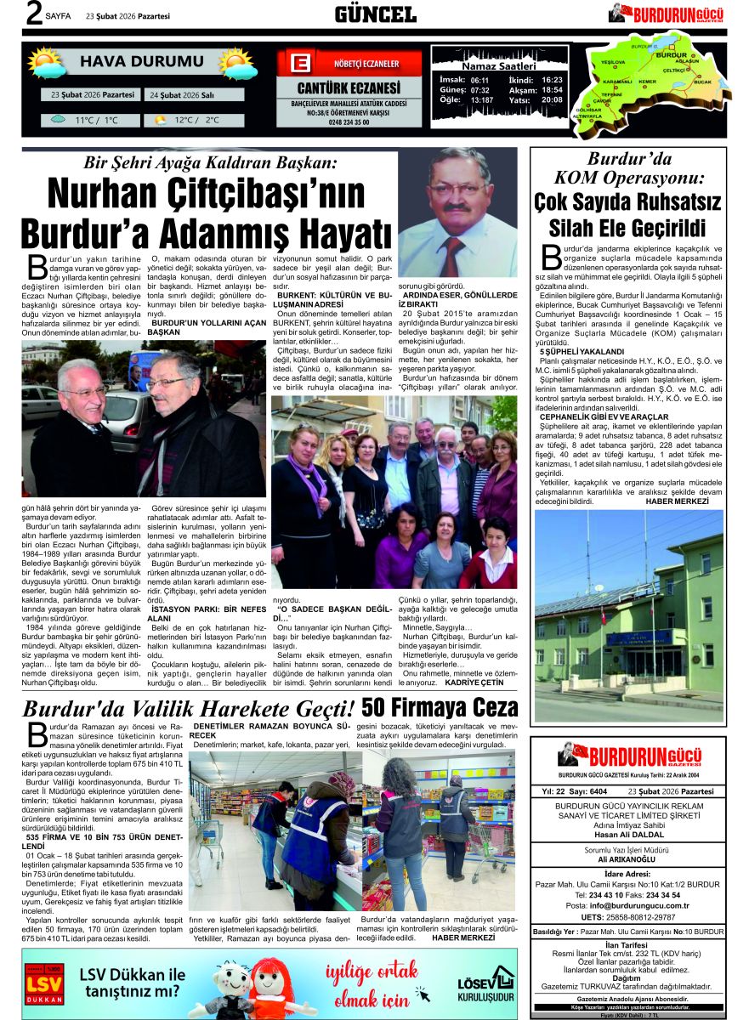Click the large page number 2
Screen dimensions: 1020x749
[x=33, y=14]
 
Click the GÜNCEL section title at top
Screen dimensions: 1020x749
[x=375, y=14]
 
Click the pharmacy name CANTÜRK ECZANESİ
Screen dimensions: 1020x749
[x=348, y=88]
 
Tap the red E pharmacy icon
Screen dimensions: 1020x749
[x=298, y=64]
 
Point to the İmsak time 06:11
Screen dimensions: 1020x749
[x=479, y=80]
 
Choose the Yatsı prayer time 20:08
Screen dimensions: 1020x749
[x=552, y=100]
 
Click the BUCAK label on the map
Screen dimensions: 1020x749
[x=702, y=81]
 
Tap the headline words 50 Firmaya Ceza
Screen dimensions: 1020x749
[x=439, y=707]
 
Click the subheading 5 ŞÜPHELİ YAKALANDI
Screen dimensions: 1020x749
[x=582, y=350]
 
